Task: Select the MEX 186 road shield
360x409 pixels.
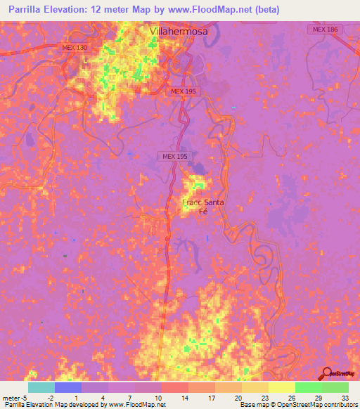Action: click(323, 29)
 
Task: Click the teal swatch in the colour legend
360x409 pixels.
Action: click(41, 387)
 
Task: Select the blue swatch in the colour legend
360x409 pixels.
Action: click(68, 387)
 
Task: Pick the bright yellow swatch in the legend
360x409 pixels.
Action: click(281, 387)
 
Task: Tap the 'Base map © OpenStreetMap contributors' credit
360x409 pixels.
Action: click(298, 405)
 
